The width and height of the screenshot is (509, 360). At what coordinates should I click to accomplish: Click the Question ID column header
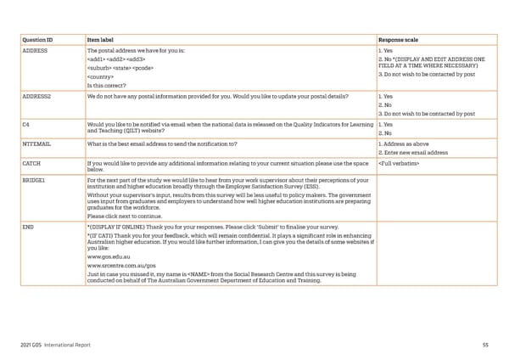(38, 39)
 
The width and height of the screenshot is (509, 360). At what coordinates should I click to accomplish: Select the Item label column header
(103, 39)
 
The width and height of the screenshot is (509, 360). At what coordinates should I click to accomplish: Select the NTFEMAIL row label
(36, 144)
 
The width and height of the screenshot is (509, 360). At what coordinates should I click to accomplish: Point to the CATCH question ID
(31, 162)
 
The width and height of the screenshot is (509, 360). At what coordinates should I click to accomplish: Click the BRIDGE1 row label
(35, 181)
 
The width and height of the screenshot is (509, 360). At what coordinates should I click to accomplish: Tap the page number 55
(485, 345)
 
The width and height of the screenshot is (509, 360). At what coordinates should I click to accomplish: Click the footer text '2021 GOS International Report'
(57, 345)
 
